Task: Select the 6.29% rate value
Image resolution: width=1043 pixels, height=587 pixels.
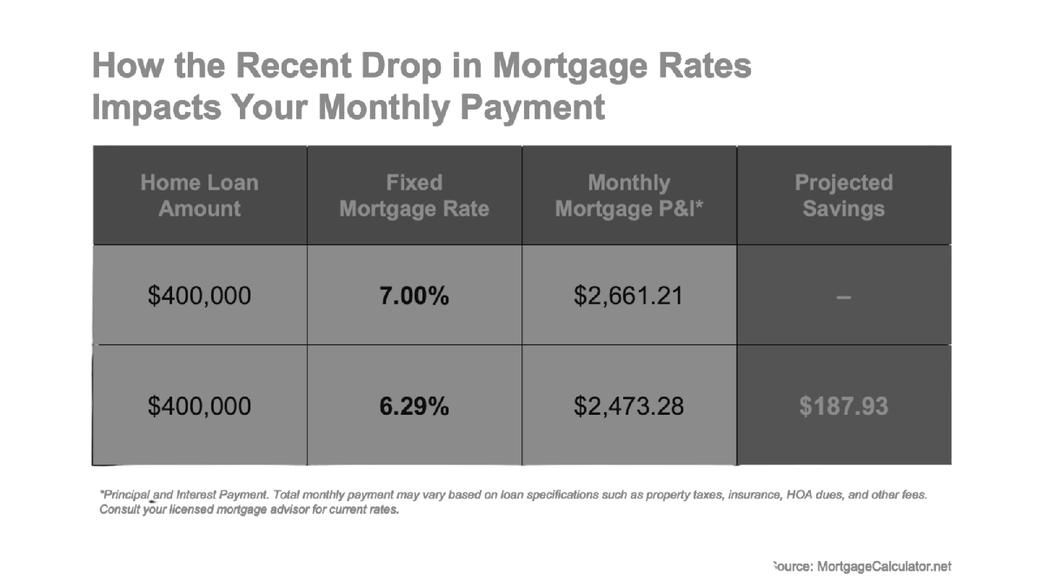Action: [414, 406]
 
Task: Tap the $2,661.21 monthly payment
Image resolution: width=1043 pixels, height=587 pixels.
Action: [628, 296]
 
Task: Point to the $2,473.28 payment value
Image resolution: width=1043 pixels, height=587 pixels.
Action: [628, 406]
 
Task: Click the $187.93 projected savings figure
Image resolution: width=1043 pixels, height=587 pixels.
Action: [844, 406]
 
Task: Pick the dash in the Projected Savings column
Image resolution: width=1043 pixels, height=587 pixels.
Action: [844, 297]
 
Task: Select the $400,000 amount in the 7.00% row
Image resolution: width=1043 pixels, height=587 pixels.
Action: [199, 296]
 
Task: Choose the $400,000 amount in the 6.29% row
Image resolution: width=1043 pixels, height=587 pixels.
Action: [199, 406]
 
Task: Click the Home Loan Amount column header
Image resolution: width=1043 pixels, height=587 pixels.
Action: [199, 195]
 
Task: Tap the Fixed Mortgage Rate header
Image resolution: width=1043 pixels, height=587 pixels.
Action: [415, 195]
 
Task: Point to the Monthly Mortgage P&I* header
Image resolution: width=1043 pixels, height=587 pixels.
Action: [629, 195]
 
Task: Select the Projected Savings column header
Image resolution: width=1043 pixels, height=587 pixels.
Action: [844, 195]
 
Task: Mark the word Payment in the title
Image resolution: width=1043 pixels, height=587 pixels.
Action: [533, 108]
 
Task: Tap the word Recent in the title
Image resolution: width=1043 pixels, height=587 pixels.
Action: [293, 65]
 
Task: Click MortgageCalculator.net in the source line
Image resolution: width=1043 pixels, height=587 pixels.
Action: [884, 567]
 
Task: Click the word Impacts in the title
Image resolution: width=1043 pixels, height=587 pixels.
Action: [156, 108]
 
